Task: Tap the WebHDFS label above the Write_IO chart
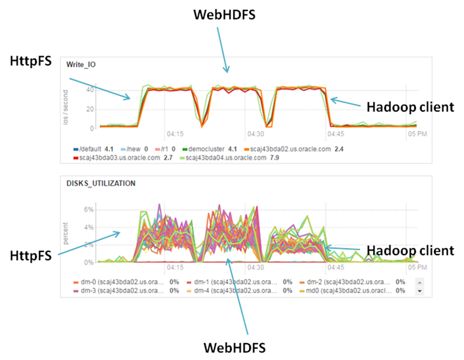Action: click(x=224, y=15)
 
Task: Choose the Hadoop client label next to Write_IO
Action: click(x=410, y=107)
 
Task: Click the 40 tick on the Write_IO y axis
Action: click(x=89, y=90)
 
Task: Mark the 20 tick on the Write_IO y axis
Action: click(x=89, y=109)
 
